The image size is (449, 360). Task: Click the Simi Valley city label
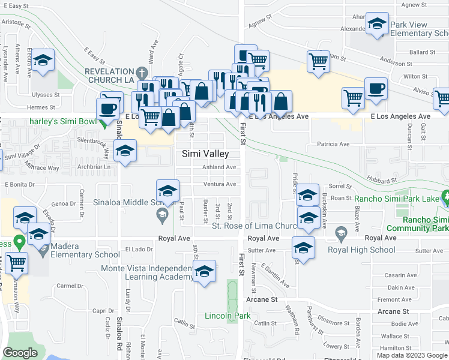click(205, 154)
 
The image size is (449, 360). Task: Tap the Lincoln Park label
click(228, 316)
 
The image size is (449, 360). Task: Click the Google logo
click(20, 353)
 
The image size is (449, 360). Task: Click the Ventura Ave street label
click(219, 184)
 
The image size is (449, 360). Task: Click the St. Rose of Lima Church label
click(255, 226)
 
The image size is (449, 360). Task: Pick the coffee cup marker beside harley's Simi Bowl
click(108, 108)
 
